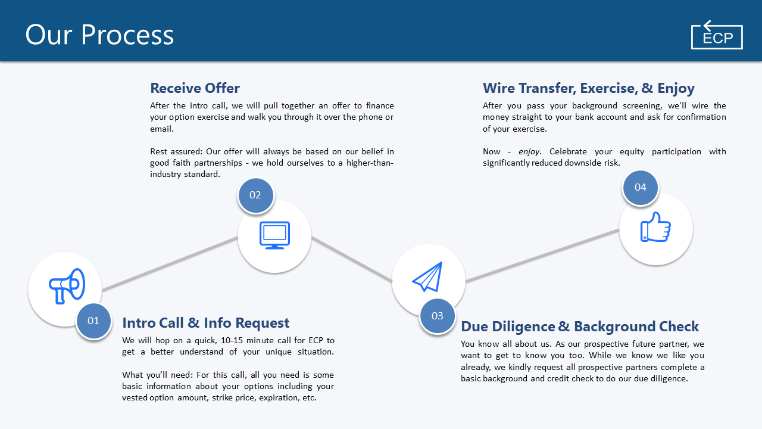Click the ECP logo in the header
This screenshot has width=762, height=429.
point(717,36)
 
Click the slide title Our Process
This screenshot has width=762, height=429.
point(99,35)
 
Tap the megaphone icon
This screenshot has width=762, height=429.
point(66,287)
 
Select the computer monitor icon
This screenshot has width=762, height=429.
point(274,235)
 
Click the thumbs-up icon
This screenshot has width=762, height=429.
point(655,227)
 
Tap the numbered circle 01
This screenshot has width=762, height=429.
point(93,321)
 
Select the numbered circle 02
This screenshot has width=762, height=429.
point(255,195)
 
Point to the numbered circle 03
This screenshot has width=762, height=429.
point(438,316)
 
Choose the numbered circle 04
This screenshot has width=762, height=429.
point(641,187)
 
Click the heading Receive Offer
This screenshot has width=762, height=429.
point(195,88)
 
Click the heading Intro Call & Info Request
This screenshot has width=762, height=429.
point(205,323)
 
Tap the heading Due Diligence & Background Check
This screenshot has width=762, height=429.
point(580,327)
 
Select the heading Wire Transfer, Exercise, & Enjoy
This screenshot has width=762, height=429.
point(588,88)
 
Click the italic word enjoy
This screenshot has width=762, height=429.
point(529,152)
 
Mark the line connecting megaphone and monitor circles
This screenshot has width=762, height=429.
point(170,264)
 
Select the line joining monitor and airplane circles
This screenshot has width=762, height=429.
point(351,259)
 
